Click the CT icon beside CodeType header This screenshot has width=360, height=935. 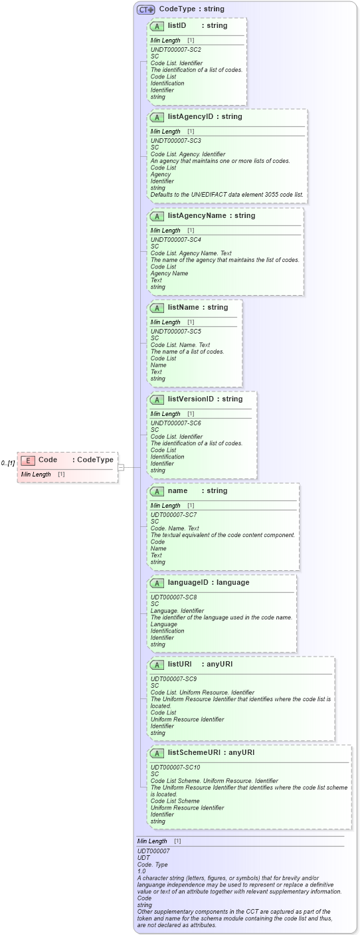pos(145,10)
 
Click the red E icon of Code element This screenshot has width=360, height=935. pos(28,461)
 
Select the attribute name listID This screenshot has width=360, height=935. pos(177,26)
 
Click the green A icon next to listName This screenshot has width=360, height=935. pos(157,308)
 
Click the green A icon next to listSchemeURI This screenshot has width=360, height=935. pos(157,754)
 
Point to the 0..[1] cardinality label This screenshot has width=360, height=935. pos(8,463)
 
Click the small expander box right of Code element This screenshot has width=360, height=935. pos(121,467)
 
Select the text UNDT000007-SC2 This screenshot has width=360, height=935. pos(175,50)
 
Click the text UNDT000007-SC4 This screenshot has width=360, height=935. pos(175,240)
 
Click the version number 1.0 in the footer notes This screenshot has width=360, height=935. pos(141,871)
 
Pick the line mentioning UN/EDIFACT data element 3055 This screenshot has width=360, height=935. pos(226,195)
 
